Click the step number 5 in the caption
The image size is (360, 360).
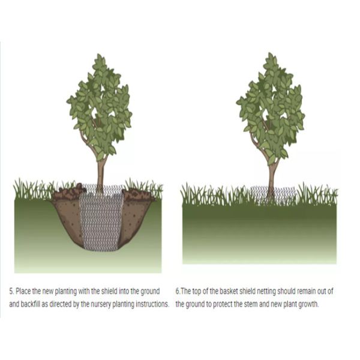click(11, 292)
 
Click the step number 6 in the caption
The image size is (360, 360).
click(178, 292)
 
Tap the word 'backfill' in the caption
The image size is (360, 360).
click(31, 304)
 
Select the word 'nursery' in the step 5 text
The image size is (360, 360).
click(99, 304)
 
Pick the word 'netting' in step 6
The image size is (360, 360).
click(266, 292)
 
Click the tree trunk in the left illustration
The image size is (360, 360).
click(100, 174)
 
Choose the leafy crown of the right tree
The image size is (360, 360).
click(271, 108)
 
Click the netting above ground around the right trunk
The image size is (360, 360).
click(273, 195)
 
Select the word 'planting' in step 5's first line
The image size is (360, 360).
click(66, 292)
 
